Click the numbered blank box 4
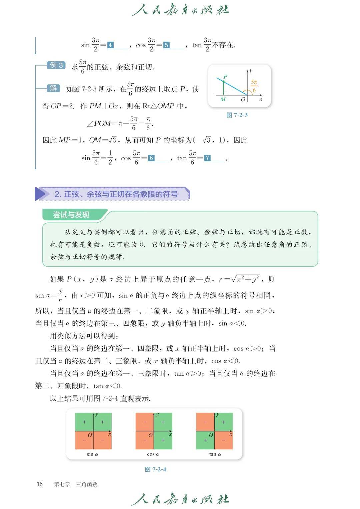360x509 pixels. [110, 45]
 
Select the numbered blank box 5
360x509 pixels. [166, 45]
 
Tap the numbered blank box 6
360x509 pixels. [151, 158]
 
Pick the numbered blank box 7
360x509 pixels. [207, 158]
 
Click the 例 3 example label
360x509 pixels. [56, 65]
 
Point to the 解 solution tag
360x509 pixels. [53, 88]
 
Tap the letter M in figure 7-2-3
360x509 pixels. [223, 99]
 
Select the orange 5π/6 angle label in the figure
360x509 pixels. [254, 86]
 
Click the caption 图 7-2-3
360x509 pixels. [237, 115]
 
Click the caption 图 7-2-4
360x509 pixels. [155, 469]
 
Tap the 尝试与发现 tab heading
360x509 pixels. [71, 215]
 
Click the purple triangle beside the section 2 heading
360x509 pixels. [40, 194]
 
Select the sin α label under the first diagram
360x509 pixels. [92, 454]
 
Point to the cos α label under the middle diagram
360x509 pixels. [153, 454]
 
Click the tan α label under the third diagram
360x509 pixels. [215, 454]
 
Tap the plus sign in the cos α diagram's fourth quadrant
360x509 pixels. [163, 440]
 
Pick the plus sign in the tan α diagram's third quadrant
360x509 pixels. [205, 440]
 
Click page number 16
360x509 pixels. [40, 484]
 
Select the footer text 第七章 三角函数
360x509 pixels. [76, 484]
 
